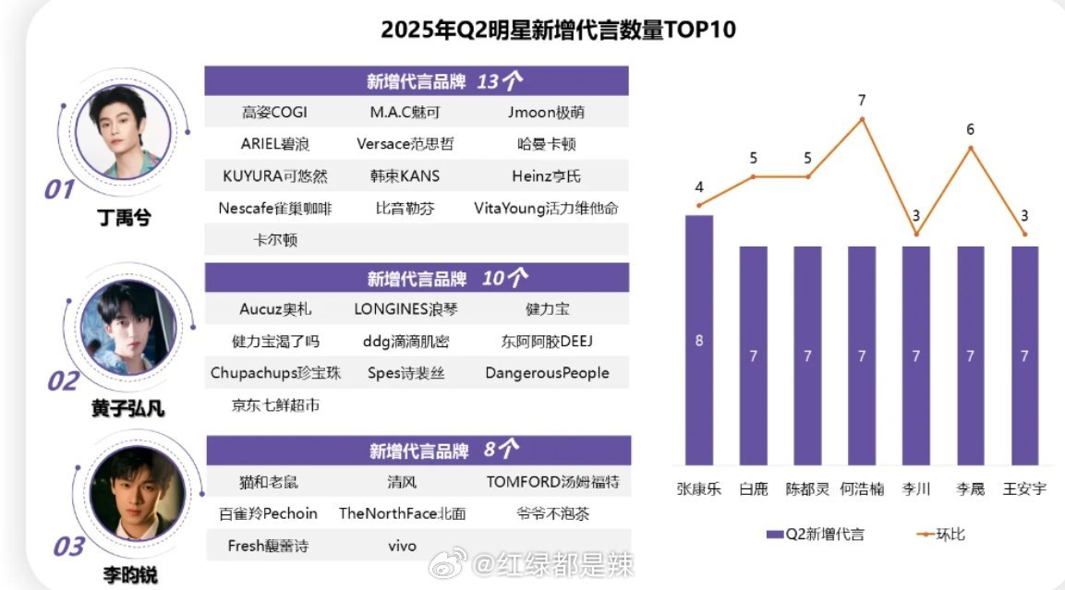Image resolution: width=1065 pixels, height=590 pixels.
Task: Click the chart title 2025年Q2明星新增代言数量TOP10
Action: tap(558, 30)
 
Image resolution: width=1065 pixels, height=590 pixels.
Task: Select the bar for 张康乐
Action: tap(699, 340)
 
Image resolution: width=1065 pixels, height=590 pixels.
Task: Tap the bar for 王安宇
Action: tap(1024, 355)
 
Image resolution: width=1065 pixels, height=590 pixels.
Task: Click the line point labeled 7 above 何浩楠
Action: tap(862, 119)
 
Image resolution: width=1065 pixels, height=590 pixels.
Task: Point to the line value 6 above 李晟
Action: tap(970, 130)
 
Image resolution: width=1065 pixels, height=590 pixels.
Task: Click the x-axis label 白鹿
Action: tap(754, 488)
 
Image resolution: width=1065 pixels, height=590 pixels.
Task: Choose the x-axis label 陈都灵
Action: tap(807, 488)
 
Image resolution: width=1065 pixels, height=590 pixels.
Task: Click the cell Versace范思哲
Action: tap(405, 144)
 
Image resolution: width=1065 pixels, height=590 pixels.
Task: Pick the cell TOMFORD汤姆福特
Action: tap(552, 482)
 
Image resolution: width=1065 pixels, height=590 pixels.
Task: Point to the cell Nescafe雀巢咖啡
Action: tap(275, 208)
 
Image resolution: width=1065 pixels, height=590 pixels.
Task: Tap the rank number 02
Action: tap(63, 380)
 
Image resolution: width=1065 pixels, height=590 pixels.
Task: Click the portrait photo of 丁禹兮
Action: tap(124, 135)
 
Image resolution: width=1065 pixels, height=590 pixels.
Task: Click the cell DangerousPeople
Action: tap(547, 373)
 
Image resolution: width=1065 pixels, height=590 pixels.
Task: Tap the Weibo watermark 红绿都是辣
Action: tap(554, 565)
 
